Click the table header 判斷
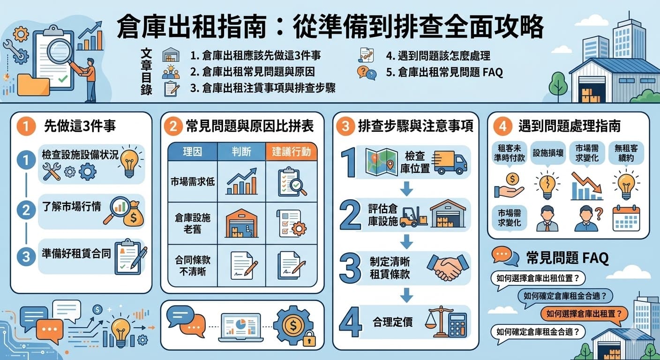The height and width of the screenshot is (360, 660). click(241, 151)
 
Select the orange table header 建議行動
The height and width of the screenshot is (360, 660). click(291, 151)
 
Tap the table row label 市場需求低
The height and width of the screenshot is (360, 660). click(193, 181)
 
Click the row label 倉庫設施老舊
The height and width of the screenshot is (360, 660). click(193, 223)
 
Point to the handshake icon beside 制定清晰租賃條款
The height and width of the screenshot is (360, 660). click(448, 266)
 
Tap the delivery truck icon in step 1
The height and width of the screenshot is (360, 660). click(450, 162)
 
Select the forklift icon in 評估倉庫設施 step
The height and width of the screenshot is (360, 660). click(412, 216)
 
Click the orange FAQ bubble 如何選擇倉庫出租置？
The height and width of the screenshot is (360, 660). click(584, 314)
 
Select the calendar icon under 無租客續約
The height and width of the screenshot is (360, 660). click(626, 218)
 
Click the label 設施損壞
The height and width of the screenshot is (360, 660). click(548, 153)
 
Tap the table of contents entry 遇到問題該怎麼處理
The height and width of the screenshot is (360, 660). click(438, 56)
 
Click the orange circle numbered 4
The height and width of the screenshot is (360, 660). click(502, 126)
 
